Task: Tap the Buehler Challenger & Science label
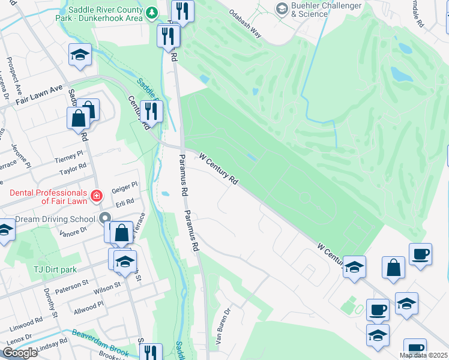(327, 10)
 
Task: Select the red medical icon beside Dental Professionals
(95, 196)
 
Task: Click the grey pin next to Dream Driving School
(106, 218)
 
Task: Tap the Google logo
(19, 353)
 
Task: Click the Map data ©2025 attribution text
(423, 355)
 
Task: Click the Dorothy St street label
(49, 305)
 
